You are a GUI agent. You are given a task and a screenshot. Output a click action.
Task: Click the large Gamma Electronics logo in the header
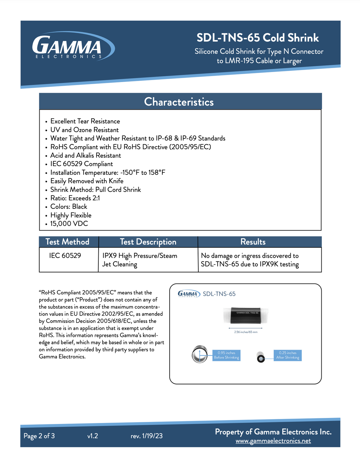73,46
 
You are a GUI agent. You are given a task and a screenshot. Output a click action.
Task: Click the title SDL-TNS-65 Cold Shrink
257,38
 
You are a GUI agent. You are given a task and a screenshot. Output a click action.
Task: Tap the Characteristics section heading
179,102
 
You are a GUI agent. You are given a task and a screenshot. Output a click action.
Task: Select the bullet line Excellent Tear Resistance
85,121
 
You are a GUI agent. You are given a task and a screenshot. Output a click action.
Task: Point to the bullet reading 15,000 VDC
69,223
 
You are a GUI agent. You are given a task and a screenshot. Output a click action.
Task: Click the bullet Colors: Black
69,206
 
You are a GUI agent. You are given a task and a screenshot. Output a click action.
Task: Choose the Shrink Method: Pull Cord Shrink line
95,189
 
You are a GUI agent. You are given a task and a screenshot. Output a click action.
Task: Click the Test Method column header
67,242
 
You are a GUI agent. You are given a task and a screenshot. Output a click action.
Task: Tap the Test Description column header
148,242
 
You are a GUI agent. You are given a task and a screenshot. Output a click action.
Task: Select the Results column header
253,242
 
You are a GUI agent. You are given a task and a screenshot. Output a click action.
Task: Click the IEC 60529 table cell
65,256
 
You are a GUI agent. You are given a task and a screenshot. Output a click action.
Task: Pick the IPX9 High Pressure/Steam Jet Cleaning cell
140,260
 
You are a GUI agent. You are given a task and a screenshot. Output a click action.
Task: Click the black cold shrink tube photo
246,315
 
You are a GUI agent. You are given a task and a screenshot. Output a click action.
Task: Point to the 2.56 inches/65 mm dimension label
246,332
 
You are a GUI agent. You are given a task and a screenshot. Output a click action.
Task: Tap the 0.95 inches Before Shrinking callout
227,355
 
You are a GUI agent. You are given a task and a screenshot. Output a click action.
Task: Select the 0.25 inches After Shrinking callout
288,355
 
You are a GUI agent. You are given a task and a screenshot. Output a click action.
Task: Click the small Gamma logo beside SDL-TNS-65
189,294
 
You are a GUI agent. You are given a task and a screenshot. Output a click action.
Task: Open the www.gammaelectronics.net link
273,441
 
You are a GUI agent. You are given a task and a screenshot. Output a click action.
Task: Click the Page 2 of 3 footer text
39,436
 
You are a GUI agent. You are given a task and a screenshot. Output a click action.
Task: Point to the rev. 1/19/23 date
147,436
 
